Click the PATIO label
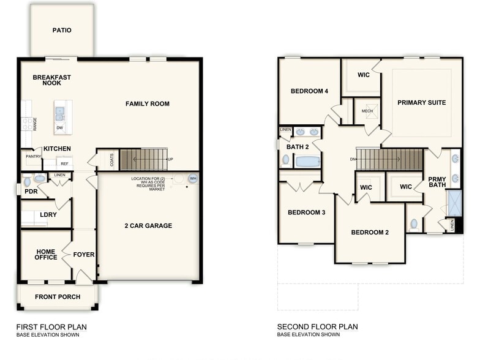[62, 30]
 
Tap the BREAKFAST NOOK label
[52, 80]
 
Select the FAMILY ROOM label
[148, 104]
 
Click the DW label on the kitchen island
[59, 128]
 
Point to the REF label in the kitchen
[64, 163]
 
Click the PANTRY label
[33, 157]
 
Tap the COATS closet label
[111, 160]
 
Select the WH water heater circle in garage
[193, 179]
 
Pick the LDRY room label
[48, 216]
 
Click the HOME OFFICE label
[46, 255]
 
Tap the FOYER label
[84, 255]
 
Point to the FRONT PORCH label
[57, 298]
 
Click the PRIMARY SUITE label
[421, 103]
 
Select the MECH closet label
[367, 111]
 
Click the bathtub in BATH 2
[307, 162]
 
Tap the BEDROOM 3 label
[306, 212]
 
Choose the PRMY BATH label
[437, 182]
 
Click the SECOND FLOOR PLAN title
[317, 327]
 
